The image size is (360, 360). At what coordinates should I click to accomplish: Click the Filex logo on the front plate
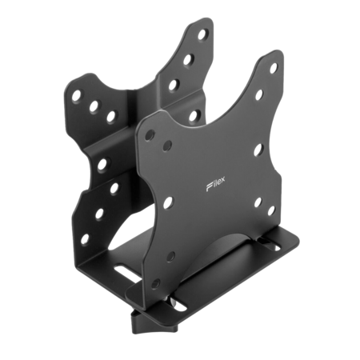(215, 184)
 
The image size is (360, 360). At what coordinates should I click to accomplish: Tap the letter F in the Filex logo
(209, 187)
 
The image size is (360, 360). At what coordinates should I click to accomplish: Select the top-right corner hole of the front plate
(274, 68)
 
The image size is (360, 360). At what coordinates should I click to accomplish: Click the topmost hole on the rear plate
(202, 34)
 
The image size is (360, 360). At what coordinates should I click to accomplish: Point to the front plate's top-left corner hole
(150, 135)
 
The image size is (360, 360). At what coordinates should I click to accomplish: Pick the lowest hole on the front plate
(157, 283)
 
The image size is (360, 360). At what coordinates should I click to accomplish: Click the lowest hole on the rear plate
(85, 239)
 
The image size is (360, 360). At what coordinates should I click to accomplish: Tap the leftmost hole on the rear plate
(77, 96)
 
